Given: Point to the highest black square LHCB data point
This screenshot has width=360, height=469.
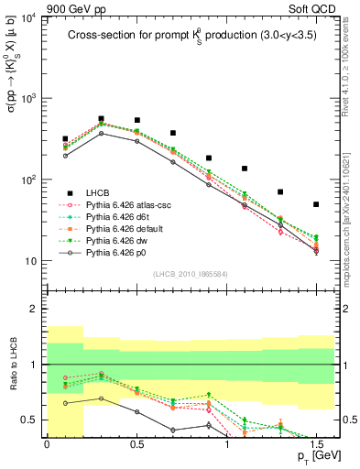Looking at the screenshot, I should pos(101,119).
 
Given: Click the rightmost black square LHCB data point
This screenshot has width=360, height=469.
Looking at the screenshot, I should pos(316,204).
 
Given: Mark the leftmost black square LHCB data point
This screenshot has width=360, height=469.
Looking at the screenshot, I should pos(65,139).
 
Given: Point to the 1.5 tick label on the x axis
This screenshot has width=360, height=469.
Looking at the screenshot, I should pos(316,444).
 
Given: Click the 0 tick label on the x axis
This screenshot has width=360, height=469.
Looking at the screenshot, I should pos(47,444).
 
